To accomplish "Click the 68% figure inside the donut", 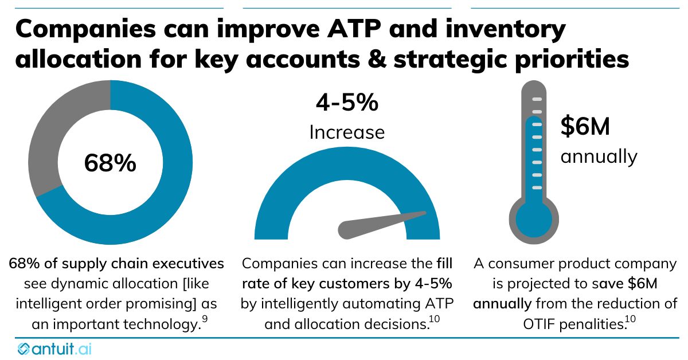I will click(x=110, y=163).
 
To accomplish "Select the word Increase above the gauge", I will click(x=347, y=132).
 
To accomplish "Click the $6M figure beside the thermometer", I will click(x=585, y=127).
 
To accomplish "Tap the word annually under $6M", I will click(x=598, y=156).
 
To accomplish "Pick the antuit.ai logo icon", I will click(x=25, y=349).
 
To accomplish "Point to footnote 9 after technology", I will click(x=205, y=320).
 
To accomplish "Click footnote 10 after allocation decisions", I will click(x=434, y=320).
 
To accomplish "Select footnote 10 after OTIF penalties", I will click(x=630, y=320).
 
